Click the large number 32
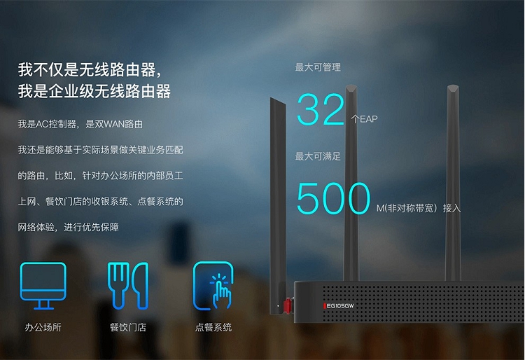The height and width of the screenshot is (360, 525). click(321, 109)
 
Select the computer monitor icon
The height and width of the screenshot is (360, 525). click(43, 285)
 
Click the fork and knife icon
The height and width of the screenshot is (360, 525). click(127, 285)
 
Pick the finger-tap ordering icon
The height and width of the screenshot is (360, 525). click(213, 285)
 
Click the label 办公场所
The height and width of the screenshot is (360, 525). click(43, 327)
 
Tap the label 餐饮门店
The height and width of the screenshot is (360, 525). click(127, 327)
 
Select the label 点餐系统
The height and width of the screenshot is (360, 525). click(213, 327)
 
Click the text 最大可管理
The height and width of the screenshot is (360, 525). click(318, 67)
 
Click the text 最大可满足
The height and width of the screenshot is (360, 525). click(318, 156)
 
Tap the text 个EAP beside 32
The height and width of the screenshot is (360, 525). click(364, 119)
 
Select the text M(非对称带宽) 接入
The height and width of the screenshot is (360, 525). click(419, 208)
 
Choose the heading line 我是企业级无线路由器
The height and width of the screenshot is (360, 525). click(94, 91)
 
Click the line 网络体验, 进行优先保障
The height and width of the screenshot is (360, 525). click(68, 227)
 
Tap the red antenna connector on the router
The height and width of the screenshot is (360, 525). click(286, 305)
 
